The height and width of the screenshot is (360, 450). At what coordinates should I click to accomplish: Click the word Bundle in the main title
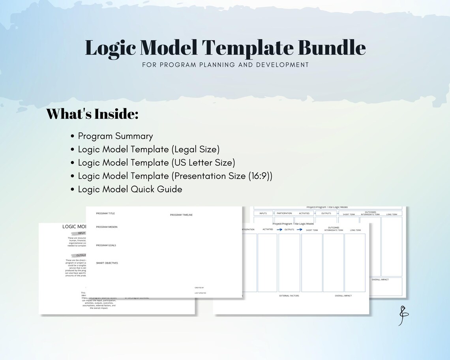332,48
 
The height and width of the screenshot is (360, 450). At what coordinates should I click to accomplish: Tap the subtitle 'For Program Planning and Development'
225,65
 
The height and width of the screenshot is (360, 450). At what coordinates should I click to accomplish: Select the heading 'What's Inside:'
92,114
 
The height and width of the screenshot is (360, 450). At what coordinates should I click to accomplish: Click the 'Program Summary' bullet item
115,136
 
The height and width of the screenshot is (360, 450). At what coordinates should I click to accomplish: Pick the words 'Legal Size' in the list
195,149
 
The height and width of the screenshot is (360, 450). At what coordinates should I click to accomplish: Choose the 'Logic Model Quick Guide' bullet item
130,189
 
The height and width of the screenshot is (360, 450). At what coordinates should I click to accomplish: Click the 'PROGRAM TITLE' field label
105,214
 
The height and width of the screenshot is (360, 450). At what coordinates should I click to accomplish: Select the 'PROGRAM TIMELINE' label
181,215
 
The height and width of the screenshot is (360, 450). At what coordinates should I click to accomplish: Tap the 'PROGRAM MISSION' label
107,227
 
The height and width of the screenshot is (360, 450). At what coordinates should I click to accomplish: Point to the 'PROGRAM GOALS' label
106,246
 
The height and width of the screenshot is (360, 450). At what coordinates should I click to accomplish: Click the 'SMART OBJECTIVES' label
107,263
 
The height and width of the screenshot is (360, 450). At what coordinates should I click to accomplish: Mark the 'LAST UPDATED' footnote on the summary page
200,293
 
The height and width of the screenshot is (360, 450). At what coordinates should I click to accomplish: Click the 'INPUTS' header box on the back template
263,214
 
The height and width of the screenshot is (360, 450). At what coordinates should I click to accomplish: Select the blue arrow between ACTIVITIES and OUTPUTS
279,229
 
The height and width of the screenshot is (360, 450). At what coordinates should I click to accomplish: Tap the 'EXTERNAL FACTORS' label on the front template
289,296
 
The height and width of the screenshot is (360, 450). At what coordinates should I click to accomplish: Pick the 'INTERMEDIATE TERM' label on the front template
334,230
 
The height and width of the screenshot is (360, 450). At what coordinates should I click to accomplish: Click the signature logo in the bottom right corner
403,315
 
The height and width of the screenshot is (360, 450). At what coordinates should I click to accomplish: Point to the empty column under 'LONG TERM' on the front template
355,262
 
